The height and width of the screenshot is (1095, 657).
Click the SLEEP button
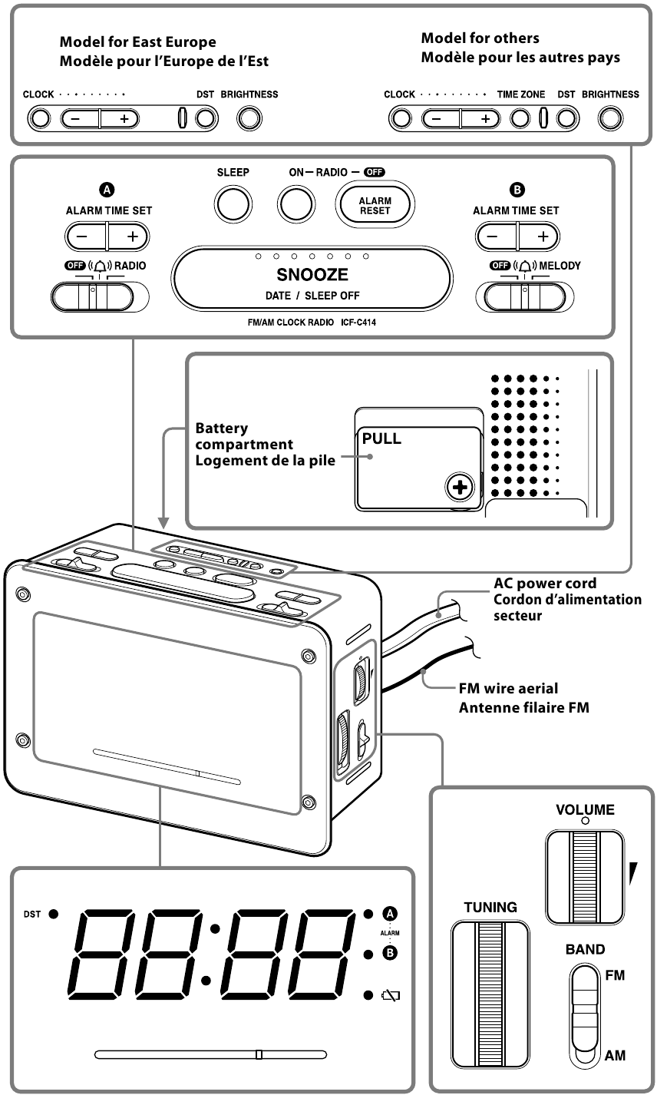click(x=232, y=203)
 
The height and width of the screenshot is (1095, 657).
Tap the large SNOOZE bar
click(x=312, y=276)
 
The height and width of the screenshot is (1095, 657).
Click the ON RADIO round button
click(x=296, y=203)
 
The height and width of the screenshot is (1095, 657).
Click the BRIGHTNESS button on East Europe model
click(x=249, y=117)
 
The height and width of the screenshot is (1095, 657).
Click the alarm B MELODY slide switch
click(x=521, y=296)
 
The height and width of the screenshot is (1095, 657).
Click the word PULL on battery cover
click(x=381, y=440)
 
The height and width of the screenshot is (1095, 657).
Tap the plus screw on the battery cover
click(x=459, y=488)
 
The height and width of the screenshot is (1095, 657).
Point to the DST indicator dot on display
click(x=54, y=914)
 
